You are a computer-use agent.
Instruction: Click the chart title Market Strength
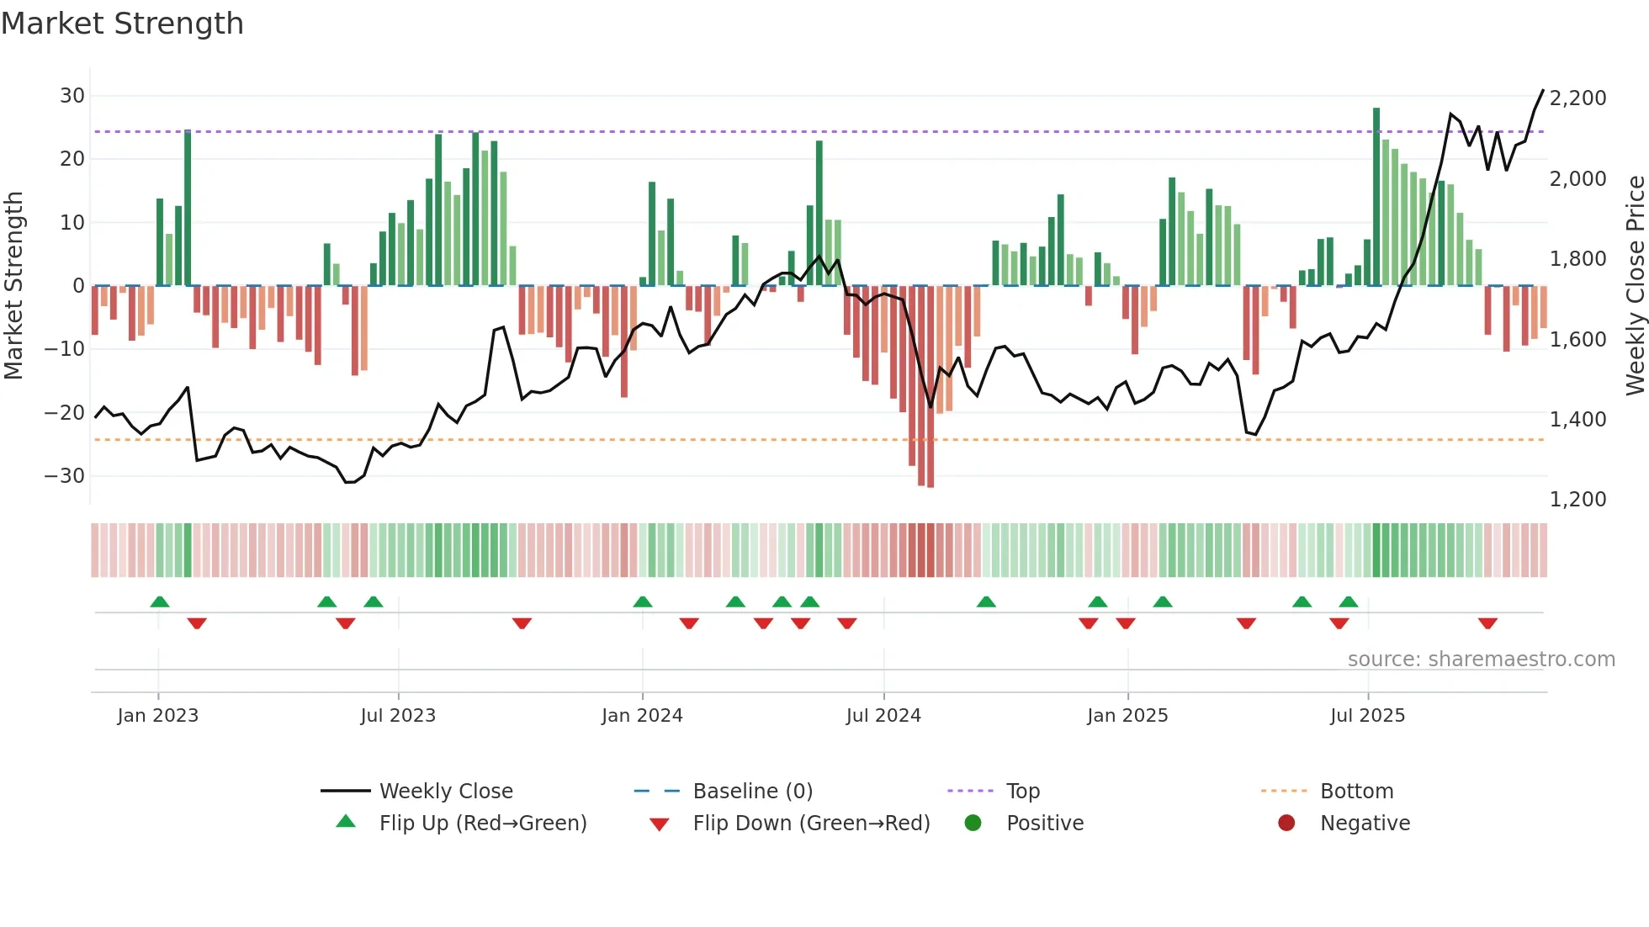click(122, 24)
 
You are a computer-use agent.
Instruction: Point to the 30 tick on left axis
click(72, 96)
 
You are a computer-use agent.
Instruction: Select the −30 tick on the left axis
click(65, 476)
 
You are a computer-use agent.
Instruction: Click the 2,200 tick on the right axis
click(1577, 98)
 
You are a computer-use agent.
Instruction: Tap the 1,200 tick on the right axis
click(1577, 500)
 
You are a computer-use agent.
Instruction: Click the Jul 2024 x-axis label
click(883, 716)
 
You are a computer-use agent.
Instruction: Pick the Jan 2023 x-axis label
click(158, 716)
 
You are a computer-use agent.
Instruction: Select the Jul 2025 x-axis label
click(1367, 716)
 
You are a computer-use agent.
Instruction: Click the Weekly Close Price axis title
click(1635, 286)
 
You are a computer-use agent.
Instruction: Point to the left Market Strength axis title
click(14, 286)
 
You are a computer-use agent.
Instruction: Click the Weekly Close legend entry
click(445, 792)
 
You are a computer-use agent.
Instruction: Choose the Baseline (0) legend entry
click(752, 792)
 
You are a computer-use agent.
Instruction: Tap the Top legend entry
click(1022, 792)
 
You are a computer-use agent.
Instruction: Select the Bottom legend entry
click(1356, 792)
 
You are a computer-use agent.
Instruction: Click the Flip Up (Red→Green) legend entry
click(482, 824)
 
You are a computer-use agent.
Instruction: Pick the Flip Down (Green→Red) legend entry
click(811, 824)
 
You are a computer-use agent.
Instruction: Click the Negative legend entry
click(1364, 824)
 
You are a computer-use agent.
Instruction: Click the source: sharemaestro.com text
click(1481, 659)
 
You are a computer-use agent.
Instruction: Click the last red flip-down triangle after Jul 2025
click(1487, 623)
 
